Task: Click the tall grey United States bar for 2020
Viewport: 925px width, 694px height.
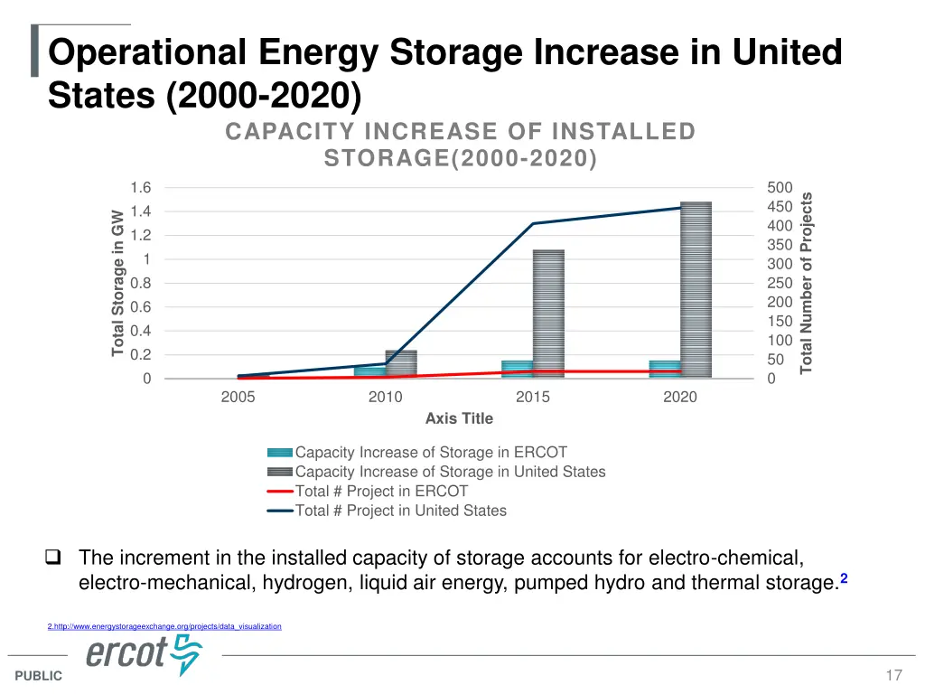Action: [696, 289]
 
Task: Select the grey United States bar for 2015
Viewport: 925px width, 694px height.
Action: [548, 314]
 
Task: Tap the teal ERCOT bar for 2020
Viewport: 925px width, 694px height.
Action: [664, 370]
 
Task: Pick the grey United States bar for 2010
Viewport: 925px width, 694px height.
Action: [401, 363]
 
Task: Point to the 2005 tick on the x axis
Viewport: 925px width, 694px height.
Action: [238, 398]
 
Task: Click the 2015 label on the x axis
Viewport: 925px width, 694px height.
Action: [532, 398]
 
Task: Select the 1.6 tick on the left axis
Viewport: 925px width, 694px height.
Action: [140, 188]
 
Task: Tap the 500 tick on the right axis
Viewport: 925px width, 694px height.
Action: [780, 188]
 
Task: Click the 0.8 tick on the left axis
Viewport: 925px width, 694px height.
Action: [140, 284]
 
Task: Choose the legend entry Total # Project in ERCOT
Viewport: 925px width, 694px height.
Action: [381, 492]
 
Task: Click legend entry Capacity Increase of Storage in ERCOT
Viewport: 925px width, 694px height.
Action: [431, 453]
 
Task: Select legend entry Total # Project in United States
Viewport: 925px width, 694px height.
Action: [400, 511]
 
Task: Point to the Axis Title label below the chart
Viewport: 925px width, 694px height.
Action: [459, 418]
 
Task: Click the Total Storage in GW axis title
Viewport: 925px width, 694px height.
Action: [118, 283]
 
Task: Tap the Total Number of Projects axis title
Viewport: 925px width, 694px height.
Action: [808, 283]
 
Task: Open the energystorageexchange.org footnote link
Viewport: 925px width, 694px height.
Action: [164, 626]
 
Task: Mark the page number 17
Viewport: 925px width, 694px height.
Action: [894, 676]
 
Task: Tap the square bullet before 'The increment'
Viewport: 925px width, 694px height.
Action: [54, 558]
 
